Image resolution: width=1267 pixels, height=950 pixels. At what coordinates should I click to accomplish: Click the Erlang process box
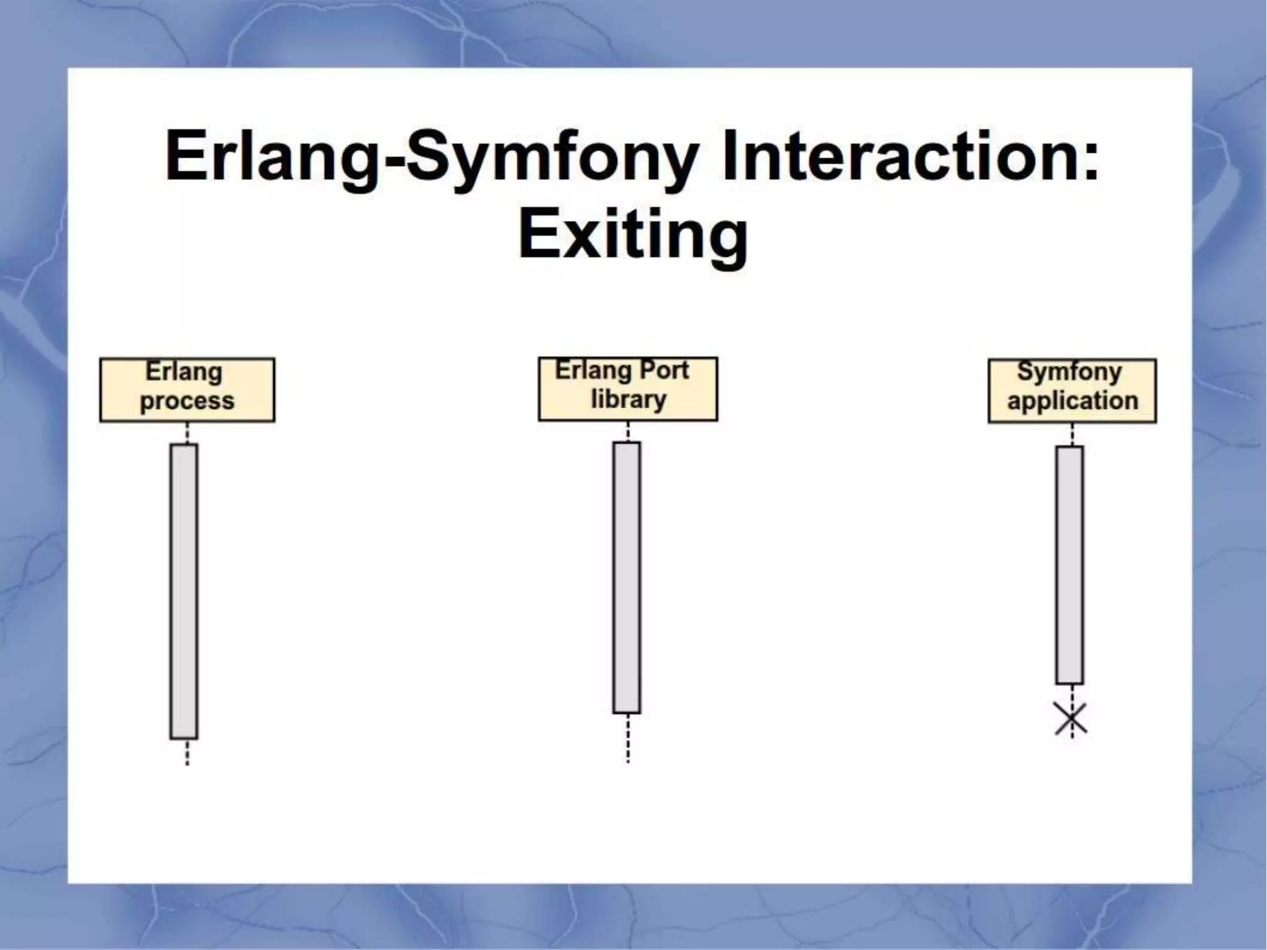tap(187, 390)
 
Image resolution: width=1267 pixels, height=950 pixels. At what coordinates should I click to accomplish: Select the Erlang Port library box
tap(628, 388)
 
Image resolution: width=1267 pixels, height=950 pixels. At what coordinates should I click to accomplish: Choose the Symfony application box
tap(1072, 390)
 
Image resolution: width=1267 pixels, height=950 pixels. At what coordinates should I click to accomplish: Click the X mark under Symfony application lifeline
tap(1071, 719)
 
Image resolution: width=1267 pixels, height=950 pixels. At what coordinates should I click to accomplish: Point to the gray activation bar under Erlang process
tap(184, 591)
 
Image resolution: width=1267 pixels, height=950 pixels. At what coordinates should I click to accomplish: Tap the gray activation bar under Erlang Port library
tap(627, 577)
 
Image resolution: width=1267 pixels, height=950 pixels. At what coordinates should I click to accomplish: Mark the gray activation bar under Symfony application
tap(1070, 565)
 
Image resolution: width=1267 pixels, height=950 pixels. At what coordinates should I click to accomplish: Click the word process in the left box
tap(187, 401)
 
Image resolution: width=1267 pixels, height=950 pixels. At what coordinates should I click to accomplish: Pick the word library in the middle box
tap(628, 400)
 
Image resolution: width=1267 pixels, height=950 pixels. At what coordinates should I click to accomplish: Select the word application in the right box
tap(1072, 401)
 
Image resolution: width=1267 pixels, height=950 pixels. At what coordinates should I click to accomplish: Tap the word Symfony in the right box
tap(1069, 372)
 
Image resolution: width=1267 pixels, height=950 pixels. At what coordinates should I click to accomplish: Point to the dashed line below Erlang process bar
tap(187, 752)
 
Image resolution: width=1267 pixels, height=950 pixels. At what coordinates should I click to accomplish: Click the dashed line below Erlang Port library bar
tap(628, 738)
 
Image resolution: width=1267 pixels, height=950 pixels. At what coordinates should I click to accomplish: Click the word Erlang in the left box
tap(184, 372)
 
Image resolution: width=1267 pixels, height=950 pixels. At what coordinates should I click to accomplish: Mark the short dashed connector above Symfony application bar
tap(1072, 434)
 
